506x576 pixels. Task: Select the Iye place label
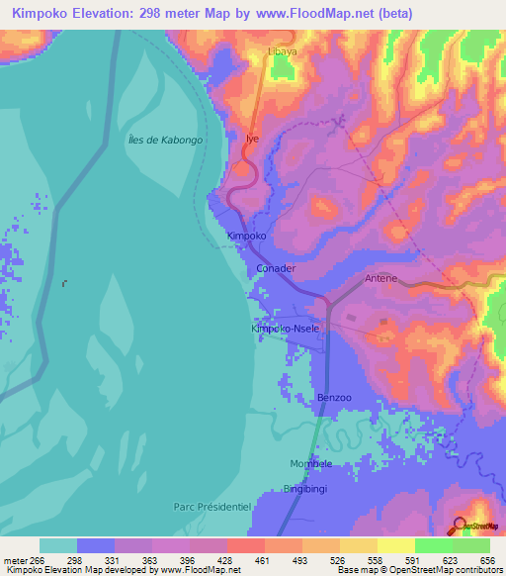pyautogui.click(x=252, y=139)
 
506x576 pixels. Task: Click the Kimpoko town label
pyautogui.click(x=247, y=237)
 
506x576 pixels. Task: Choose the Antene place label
pyautogui.click(x=380, y=279)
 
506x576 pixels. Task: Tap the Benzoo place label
pyautogui.click(x=334, y=398)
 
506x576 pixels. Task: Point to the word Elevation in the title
pyautogui.click(x=108, y=13)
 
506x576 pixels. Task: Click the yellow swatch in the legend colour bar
pyautogui.click(x=395, y=545)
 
